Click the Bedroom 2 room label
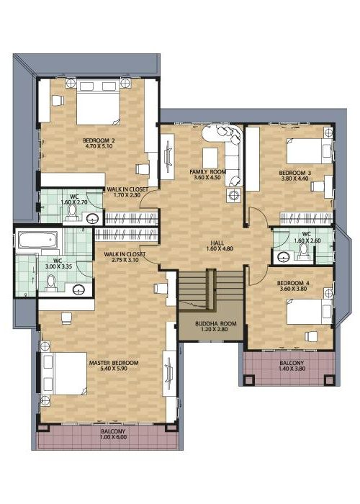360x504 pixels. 99,140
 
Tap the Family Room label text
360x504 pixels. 208,171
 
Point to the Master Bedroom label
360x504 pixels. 114,363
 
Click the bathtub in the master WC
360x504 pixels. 37,240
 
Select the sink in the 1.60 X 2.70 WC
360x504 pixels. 94,219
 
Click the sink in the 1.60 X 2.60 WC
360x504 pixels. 284,256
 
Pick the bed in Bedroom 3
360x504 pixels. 309,151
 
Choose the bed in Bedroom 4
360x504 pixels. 309,312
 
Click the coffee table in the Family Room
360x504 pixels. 210,158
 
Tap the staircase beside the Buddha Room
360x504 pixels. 211,289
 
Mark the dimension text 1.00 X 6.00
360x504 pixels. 114,437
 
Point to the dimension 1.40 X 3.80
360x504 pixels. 292,369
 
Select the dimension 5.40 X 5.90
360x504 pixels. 114,369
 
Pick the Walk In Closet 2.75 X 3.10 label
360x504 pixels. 125,257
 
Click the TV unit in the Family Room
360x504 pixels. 168,157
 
